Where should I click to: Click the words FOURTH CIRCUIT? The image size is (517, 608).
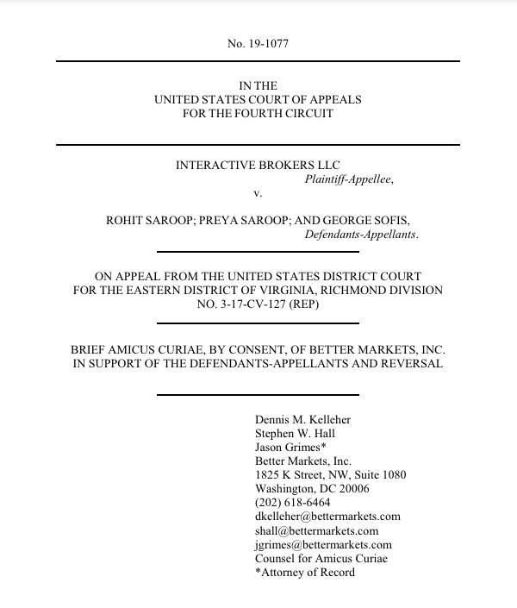pyautogui.click(x=290, y=113)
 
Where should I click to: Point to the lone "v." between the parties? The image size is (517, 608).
pyautogui.click(x=258, y=193)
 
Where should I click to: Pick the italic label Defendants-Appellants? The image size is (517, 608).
pyautogui.click(x=362, y=234)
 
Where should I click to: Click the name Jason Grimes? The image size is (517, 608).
pyautogui.click(x=288, y=448)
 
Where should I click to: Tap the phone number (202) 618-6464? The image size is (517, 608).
pyautogui.click(x=293, y=503)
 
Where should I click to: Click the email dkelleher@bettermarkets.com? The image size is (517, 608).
pyautogui.click(x=327, y=517)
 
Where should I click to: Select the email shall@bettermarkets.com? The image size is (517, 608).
pyautogui.click(x=316, y=530)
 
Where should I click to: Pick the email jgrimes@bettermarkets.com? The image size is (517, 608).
pyautogui.click(x=323, y=544)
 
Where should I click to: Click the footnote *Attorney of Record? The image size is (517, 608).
pyautogui.click(x=304, y=572)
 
